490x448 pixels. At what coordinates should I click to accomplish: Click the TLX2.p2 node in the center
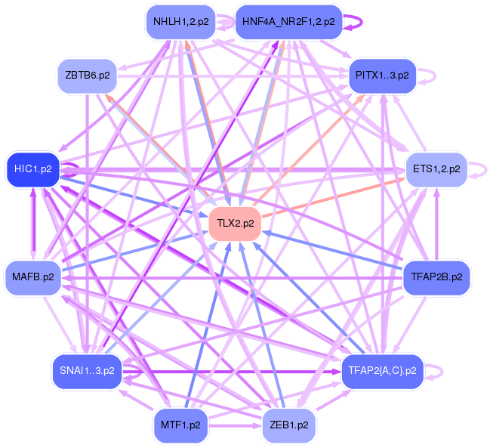click(x=235, y=224)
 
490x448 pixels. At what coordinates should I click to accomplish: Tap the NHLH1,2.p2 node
click(x=180, y=21)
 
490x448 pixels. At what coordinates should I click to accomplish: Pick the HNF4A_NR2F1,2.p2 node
click(x=288, y=21)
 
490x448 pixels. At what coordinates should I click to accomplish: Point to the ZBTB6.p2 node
click(x=87, y=76)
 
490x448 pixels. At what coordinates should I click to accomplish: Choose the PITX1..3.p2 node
click(x=382, y=76)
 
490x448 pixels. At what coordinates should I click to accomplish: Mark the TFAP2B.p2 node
click(x=436, y=277)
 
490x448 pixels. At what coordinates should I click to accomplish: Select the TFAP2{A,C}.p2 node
click(x=383, y=370)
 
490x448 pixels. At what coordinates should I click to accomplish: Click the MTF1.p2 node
click(x=180, y=425)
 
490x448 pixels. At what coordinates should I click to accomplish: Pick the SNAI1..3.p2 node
click(x=87, y=370)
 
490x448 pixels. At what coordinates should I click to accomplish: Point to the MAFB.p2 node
click(x=33, y=277)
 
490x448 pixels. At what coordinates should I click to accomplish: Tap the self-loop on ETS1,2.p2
click(x=481, y=169)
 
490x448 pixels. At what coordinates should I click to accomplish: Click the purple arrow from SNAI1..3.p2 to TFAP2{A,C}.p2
click(x=227, y=371)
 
